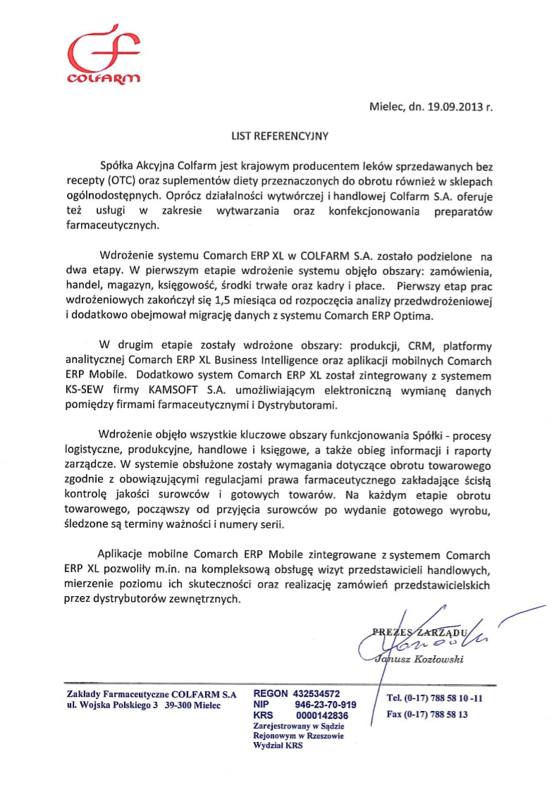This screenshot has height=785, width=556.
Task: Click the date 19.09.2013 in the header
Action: pos(448,107)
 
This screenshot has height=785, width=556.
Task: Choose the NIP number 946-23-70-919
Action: pos(326,705)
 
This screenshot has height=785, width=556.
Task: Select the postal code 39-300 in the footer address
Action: pos(178,705)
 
